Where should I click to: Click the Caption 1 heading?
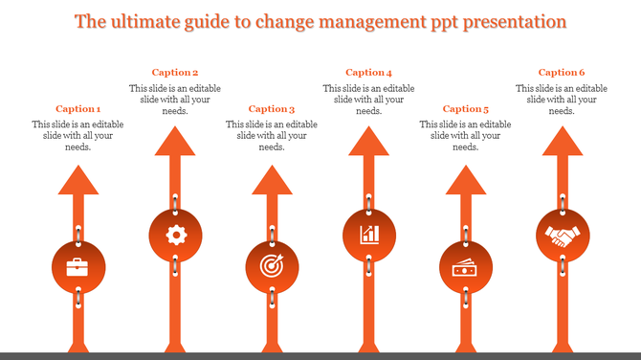pos(78,109)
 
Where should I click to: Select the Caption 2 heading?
pos(175,73)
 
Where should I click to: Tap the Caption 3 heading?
pos(272,109)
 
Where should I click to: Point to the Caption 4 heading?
pos(368,73)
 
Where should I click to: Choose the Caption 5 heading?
pos(465,109)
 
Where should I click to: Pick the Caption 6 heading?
pos(562,73)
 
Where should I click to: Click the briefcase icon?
pos(78,267)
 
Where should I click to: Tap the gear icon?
pos(175,234)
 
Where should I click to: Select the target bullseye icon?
pos(272,267)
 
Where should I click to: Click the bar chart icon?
pos(368,234)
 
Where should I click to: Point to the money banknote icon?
pos(465,268)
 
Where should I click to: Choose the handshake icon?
pos(562,234)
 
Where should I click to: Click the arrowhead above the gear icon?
pos(175,141)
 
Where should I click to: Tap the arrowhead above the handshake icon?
pos(562,141)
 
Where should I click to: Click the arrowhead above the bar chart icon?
pos(368,141)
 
